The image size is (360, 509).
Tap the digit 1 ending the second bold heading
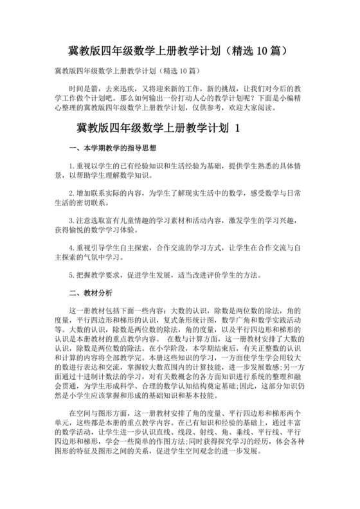click(x=237, y=129)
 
